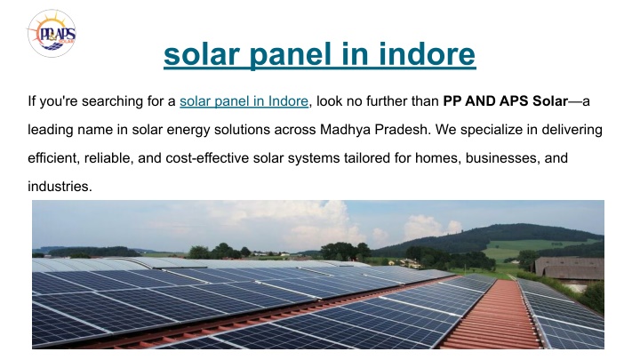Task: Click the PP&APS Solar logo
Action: (52, 34)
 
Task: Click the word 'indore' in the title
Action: (427, 54)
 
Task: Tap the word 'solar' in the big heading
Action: (202, 54)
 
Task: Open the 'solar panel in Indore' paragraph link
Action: (244, 100)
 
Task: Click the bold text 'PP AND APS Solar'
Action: (505, 100)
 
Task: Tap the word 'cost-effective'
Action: (207, 158)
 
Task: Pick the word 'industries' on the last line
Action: (60, 187)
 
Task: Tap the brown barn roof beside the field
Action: (569, 268)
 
